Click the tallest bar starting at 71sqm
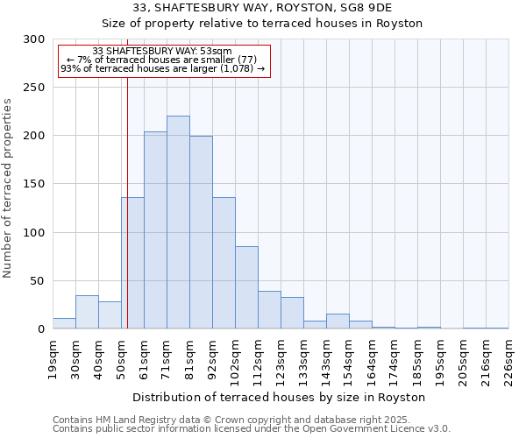[x=178, y=223]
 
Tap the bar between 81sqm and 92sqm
[x=201, y=232]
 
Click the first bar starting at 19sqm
[x=64, y=323]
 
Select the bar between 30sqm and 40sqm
[x=87, y=312]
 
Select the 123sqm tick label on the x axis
[x=281, y=359]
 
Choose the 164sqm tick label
[x=372, y=359]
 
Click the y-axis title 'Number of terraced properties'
[x=8, y=188]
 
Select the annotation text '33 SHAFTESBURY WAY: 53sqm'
[x=162, y=51]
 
